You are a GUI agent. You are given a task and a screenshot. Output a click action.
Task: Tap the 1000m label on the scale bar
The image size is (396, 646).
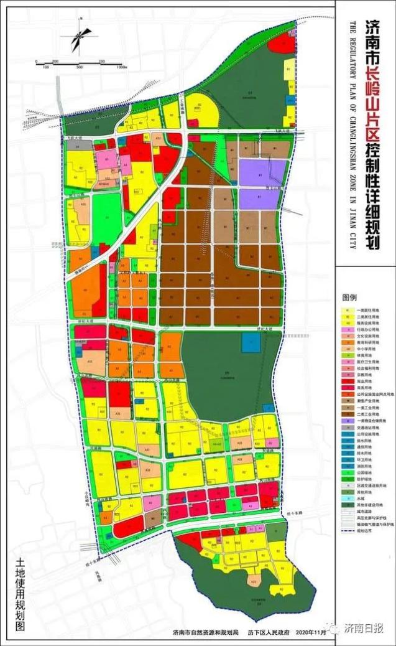click(x=121, y=67)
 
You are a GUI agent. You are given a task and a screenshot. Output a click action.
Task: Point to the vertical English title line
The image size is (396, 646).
click(x=352, y=134)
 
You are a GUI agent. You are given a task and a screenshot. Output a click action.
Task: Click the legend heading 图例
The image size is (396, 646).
click(x=350, y=298)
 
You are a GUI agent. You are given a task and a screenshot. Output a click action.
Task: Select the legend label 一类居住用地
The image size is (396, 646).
click(x=364, y=309)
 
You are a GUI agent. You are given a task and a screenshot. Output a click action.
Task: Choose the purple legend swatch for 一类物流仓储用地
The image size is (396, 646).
click(x=345, y=421)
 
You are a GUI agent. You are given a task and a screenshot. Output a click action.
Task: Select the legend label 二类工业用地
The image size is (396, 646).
click(x=364, y=413)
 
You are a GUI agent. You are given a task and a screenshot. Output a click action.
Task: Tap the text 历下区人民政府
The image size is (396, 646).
click(x=269, y=632)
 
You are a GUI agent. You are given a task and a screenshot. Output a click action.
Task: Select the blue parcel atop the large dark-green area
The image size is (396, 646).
click(x=251, y=340)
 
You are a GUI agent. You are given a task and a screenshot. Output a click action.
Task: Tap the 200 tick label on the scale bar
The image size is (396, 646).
click(x=55, y=62)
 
